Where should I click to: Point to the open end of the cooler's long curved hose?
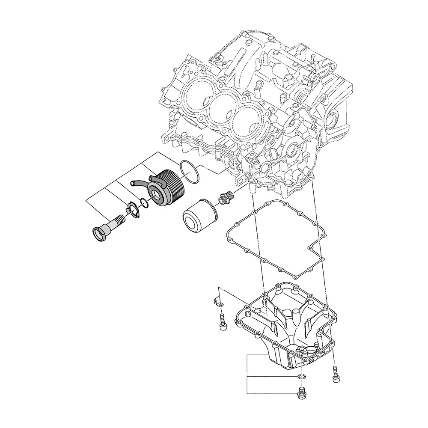(132, 184)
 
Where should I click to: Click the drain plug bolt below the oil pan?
(300, 393)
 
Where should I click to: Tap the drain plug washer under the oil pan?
(302, 376)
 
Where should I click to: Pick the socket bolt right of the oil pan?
(335, 374)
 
